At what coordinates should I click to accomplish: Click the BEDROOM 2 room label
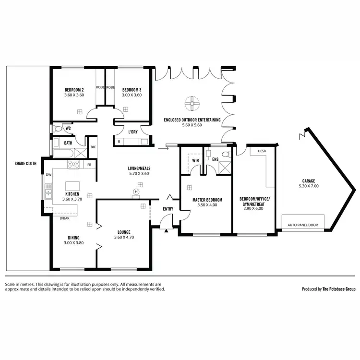pos(74,90)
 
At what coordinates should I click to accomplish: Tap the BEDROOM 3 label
pos(132,90)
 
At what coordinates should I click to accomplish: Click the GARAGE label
pos(308,181)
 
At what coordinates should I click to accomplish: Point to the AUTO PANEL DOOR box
pos(303,224)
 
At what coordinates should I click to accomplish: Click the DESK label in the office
pos(262,151)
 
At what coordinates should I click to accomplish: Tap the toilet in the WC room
pos(58,128)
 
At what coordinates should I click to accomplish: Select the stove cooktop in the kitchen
pos(73,164)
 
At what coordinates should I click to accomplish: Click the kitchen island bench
pos(72,186)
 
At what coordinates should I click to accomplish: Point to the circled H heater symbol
pos(136,192)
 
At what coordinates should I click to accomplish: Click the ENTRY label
pos(168,209)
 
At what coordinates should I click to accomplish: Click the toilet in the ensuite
pos(228,154)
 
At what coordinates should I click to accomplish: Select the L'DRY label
pos(133,132)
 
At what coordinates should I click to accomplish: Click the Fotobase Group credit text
pos(328,289)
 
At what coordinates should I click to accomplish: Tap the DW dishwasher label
pos(48,175)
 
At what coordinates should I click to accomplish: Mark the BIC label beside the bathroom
pos(93,147)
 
